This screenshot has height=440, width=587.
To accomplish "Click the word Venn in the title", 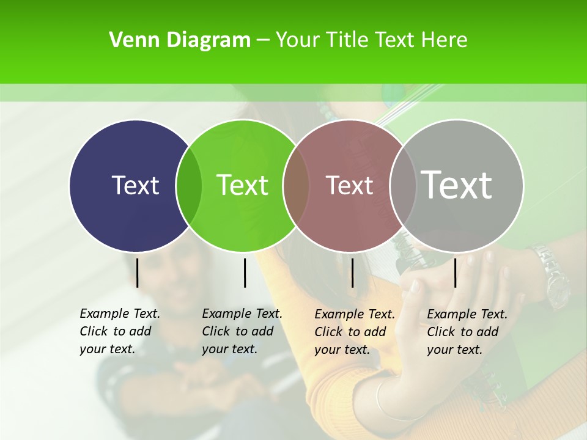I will click(127, 40).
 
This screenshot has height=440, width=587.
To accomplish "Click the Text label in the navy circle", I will click(135, 185).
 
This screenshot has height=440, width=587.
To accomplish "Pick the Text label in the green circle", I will click(243, 185).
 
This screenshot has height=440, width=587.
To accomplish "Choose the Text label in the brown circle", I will click(350, 186).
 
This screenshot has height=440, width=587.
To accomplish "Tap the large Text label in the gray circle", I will click(457, 185).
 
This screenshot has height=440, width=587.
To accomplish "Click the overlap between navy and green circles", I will click(189, 186).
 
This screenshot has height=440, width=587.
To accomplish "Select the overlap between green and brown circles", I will click(296, 186).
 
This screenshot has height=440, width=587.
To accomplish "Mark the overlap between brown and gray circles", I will click(402, 186).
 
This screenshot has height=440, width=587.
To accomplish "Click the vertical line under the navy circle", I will click(138, 273).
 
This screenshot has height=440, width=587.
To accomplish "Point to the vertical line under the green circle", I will click(245, 273).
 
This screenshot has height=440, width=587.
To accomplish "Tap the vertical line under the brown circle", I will click(352, 273).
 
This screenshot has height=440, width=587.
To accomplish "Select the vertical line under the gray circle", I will click(455, 273).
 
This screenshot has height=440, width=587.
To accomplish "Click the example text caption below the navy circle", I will click(119, 331).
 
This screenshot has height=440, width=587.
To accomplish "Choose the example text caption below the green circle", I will click(242, 331).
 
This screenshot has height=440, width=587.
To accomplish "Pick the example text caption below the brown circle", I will click(354, 332).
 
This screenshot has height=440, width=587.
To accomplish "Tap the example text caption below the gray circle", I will click(467, 332).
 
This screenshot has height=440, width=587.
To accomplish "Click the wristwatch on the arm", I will click(550, 275).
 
